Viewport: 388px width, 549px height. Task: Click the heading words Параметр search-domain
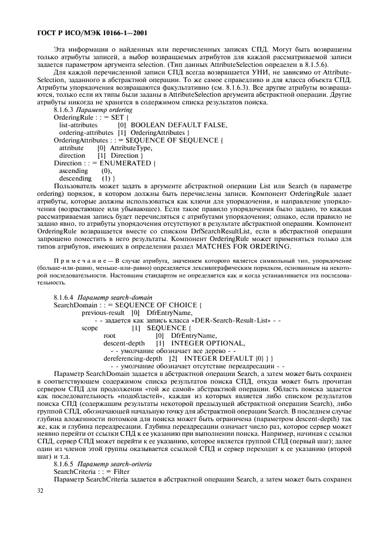click(x=113, y=299)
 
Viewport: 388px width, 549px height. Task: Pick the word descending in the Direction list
click(x=75, y=177)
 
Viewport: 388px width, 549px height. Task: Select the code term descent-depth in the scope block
click(x=124, y=343)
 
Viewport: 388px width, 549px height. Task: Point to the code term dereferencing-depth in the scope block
click(x=133, y=357)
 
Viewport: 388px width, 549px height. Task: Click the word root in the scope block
click(x=109, y=335)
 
